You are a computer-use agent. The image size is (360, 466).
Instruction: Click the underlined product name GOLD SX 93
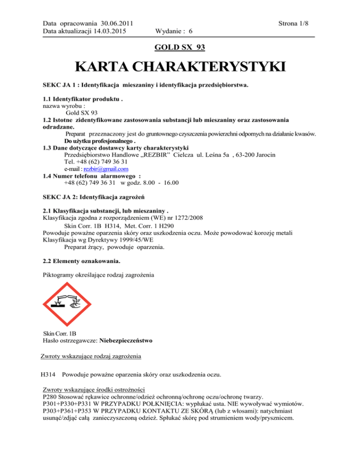tap(180, 47)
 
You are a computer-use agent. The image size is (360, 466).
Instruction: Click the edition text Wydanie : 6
tap(175, 31)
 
